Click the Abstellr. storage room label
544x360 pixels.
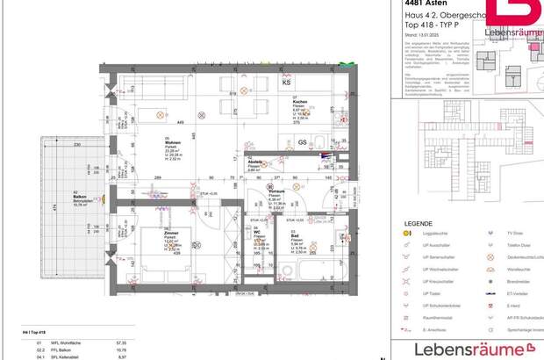pos(255,162)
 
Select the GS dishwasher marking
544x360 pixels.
pos(302,142)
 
